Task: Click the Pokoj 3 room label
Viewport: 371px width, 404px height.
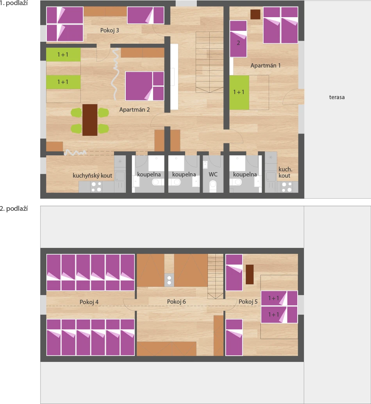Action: (x=110, y=30)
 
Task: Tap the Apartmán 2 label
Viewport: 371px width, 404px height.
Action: (x=134, y=110)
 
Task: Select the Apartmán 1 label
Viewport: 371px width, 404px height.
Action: (x=266, y=66)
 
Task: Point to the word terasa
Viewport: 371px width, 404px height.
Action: (x=337, y=98)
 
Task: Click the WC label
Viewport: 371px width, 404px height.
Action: (x=213, y=174)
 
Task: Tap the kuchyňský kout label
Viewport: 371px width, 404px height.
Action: (x=92, y=176)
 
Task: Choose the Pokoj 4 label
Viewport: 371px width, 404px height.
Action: (x=89, y=302)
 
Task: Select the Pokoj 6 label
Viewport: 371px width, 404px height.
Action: (x=177, y=302)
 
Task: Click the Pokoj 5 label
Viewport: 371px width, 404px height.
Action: (x=248, y=302)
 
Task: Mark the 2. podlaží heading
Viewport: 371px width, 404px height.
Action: (x=14, y=209)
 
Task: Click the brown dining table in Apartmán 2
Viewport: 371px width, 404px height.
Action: (x=90, y=120)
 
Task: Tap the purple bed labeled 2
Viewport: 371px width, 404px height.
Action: (x=238, y=39)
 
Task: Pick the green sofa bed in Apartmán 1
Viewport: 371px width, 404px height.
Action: (x=239, y=93)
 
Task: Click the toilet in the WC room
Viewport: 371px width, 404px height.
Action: (x=213, y=186)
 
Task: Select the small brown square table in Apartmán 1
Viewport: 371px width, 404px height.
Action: (x=255, y=14)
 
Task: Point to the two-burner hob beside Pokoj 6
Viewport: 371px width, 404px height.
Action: (x=169, y=280)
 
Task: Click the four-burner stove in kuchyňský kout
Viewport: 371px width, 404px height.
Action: (x=96, y=187)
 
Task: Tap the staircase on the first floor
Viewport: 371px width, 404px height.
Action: (x=210, y=62)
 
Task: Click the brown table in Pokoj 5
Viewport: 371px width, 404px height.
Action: (x=250, y=274)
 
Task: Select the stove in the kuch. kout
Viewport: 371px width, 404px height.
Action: (x=287, y=187)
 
